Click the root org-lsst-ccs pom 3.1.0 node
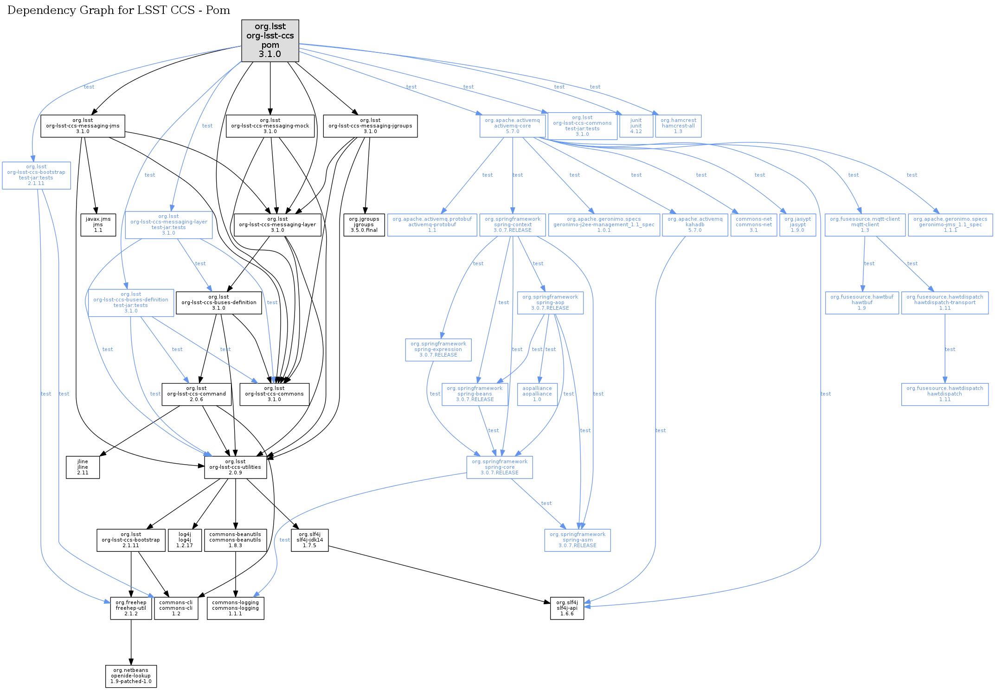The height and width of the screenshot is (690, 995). [270, 40]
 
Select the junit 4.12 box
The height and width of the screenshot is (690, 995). [636, 126]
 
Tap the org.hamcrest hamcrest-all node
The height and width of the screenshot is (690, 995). [678, 126]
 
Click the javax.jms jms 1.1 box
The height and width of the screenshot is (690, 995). [98, 224]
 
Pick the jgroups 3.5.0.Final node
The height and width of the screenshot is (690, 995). [364, 224]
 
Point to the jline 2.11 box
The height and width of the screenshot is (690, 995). [83, 467]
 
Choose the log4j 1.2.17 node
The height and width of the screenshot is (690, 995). [185, 540]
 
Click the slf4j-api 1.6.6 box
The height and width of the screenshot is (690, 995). [567, 608]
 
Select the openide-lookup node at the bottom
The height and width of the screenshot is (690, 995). [131, 676]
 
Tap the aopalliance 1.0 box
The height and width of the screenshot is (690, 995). [537, 394]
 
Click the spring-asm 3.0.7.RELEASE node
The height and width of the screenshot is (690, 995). [578, 540]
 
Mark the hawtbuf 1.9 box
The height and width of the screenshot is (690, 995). [862, 302]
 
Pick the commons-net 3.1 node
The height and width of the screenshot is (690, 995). [754, 224]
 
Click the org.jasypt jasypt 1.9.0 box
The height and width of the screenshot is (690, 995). [797, 224]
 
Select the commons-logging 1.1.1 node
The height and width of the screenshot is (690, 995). [235, 608]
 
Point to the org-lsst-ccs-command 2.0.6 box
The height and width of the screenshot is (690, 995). [196, 394]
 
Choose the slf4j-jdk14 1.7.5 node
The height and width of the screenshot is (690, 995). [309, 540]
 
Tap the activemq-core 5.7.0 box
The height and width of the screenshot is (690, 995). [512, 126]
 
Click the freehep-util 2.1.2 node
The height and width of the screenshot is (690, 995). [131, 608]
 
